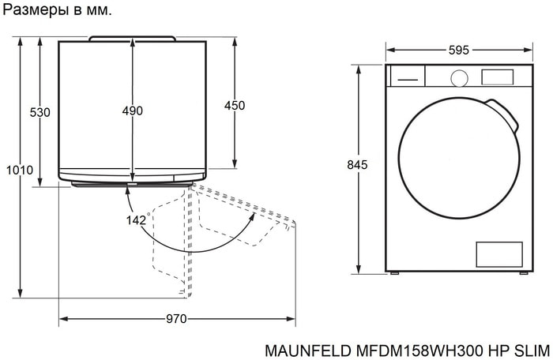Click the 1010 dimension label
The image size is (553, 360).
[x=20, y=170]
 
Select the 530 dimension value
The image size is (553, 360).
[x=39, y=112]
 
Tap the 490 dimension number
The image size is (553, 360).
[x=133, y=111]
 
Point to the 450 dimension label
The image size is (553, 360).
[x=235, y=105]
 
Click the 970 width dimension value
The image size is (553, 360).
[x=176, y=319]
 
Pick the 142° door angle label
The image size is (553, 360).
[x=138, y=219]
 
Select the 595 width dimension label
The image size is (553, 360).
[x=459, y=50]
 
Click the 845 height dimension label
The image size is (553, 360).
[x=357, y=165]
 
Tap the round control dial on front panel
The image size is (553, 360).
[x=459, y=78]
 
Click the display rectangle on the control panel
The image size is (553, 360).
[x=497, y=77]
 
